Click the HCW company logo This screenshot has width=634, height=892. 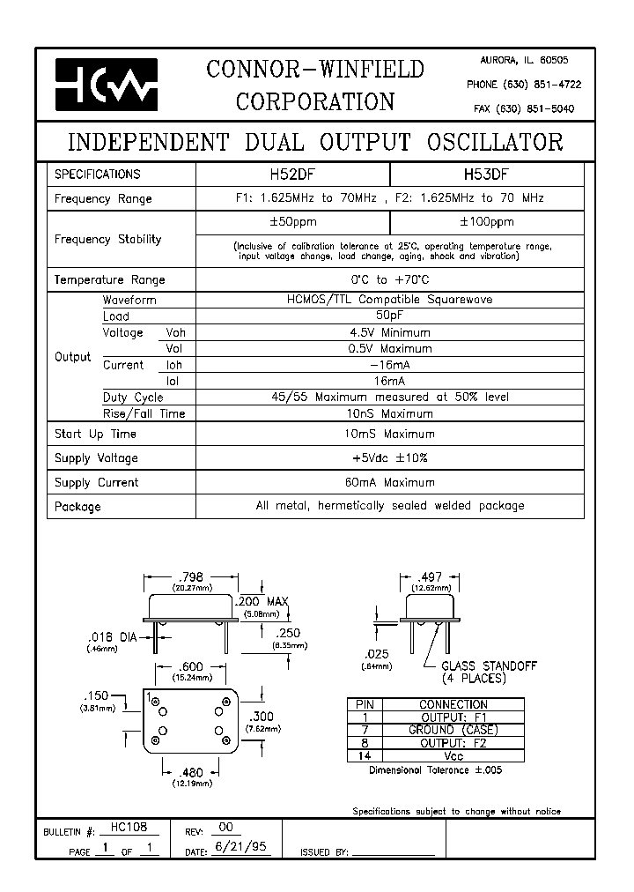pyautogui.click(x=107, y=85)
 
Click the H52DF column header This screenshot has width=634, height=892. pyautogui.click(x=291, y=174)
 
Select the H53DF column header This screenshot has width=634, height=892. pyautogui.click(x=486, y=174)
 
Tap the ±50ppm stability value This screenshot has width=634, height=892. pyautogui.click(x=291, y=222)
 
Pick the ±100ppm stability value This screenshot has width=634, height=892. pyautogui.click(x=486, y=222)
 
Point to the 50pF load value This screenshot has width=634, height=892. pyautogui.click(x=389, y=316)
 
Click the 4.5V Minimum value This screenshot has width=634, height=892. pyautogui.click(x=389, y=332)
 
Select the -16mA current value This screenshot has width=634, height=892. pyautogui.click(x=389, y=365)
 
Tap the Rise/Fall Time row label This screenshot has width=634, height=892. pyautogui.click(x=144, y=413)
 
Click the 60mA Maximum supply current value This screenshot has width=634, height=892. pyautogui.click(x=389, y=482)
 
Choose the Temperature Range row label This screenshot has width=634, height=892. pyautogui.click(x=109, y=279)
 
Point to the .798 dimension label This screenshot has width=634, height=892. pyautogui.click(x=191, y=578)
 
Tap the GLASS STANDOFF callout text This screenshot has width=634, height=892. pyautogui.click(x=488, y=666)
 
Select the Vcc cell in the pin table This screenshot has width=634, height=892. pyautogui.click(x=453, y=756)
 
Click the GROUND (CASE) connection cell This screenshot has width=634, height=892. pyautogui.click(x=453, y=730)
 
